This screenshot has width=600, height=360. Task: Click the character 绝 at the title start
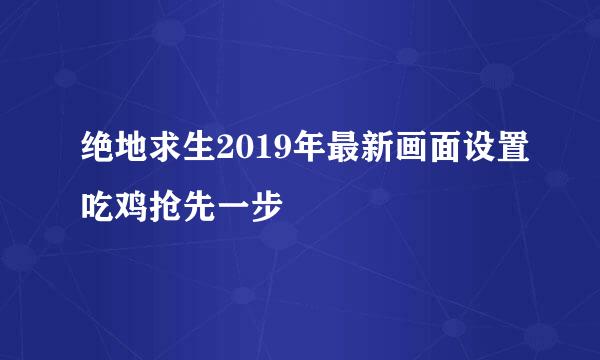pos(100,154)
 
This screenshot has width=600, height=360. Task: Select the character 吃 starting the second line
pos(100,206)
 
